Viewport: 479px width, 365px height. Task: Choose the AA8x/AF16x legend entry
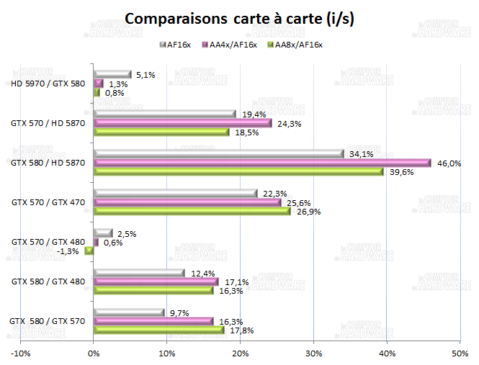coord(295,45)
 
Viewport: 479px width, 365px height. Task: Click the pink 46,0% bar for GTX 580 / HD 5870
coord(262,163)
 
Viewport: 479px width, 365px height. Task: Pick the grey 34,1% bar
coord(219,153)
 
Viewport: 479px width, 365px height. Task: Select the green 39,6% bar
coord(238,171)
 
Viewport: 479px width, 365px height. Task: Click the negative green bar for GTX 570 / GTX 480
coord(89,251)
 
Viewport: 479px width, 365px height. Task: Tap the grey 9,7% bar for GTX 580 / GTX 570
coord(130,312)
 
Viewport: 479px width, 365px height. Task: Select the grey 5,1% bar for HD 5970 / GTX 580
coord(112,74)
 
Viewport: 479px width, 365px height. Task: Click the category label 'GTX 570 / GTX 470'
coord(48,202)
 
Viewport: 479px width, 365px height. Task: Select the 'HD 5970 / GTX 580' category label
coord(49,84)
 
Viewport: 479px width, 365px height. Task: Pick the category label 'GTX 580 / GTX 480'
coord(48,281)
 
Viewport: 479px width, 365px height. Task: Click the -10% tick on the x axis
coord(21,353)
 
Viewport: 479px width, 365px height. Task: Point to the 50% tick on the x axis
coord(460,353)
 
